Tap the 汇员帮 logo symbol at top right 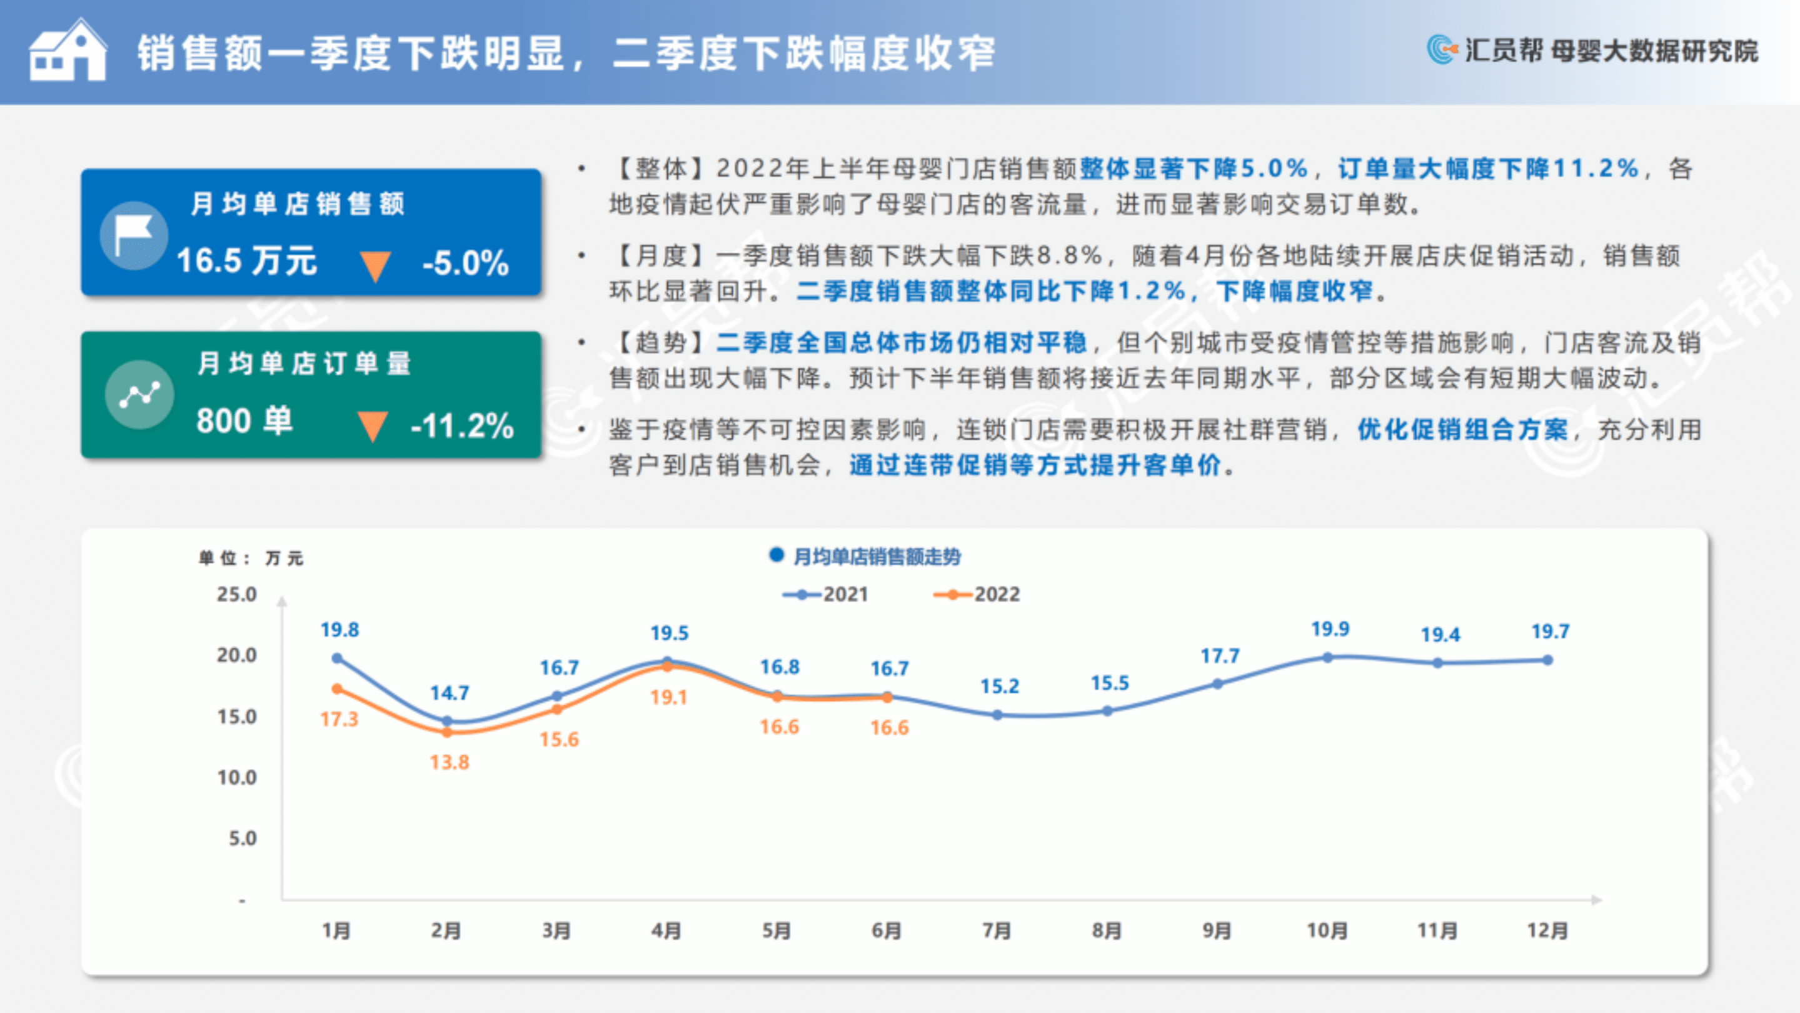(1442, 49)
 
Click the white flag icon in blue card (133, 235)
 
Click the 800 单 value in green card (244, 421)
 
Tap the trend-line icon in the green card (140, 395)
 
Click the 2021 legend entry (825, 594)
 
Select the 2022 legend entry (977, 594)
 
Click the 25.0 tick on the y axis (237, 594)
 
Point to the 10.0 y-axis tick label (237, 777)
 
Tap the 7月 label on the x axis (997, 931)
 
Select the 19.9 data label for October (1330, 629)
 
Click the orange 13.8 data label (450, 762)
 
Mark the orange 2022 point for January (337, 689)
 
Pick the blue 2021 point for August (1107, 711)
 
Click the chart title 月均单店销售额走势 (877, 557)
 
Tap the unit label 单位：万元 (250, 558)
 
